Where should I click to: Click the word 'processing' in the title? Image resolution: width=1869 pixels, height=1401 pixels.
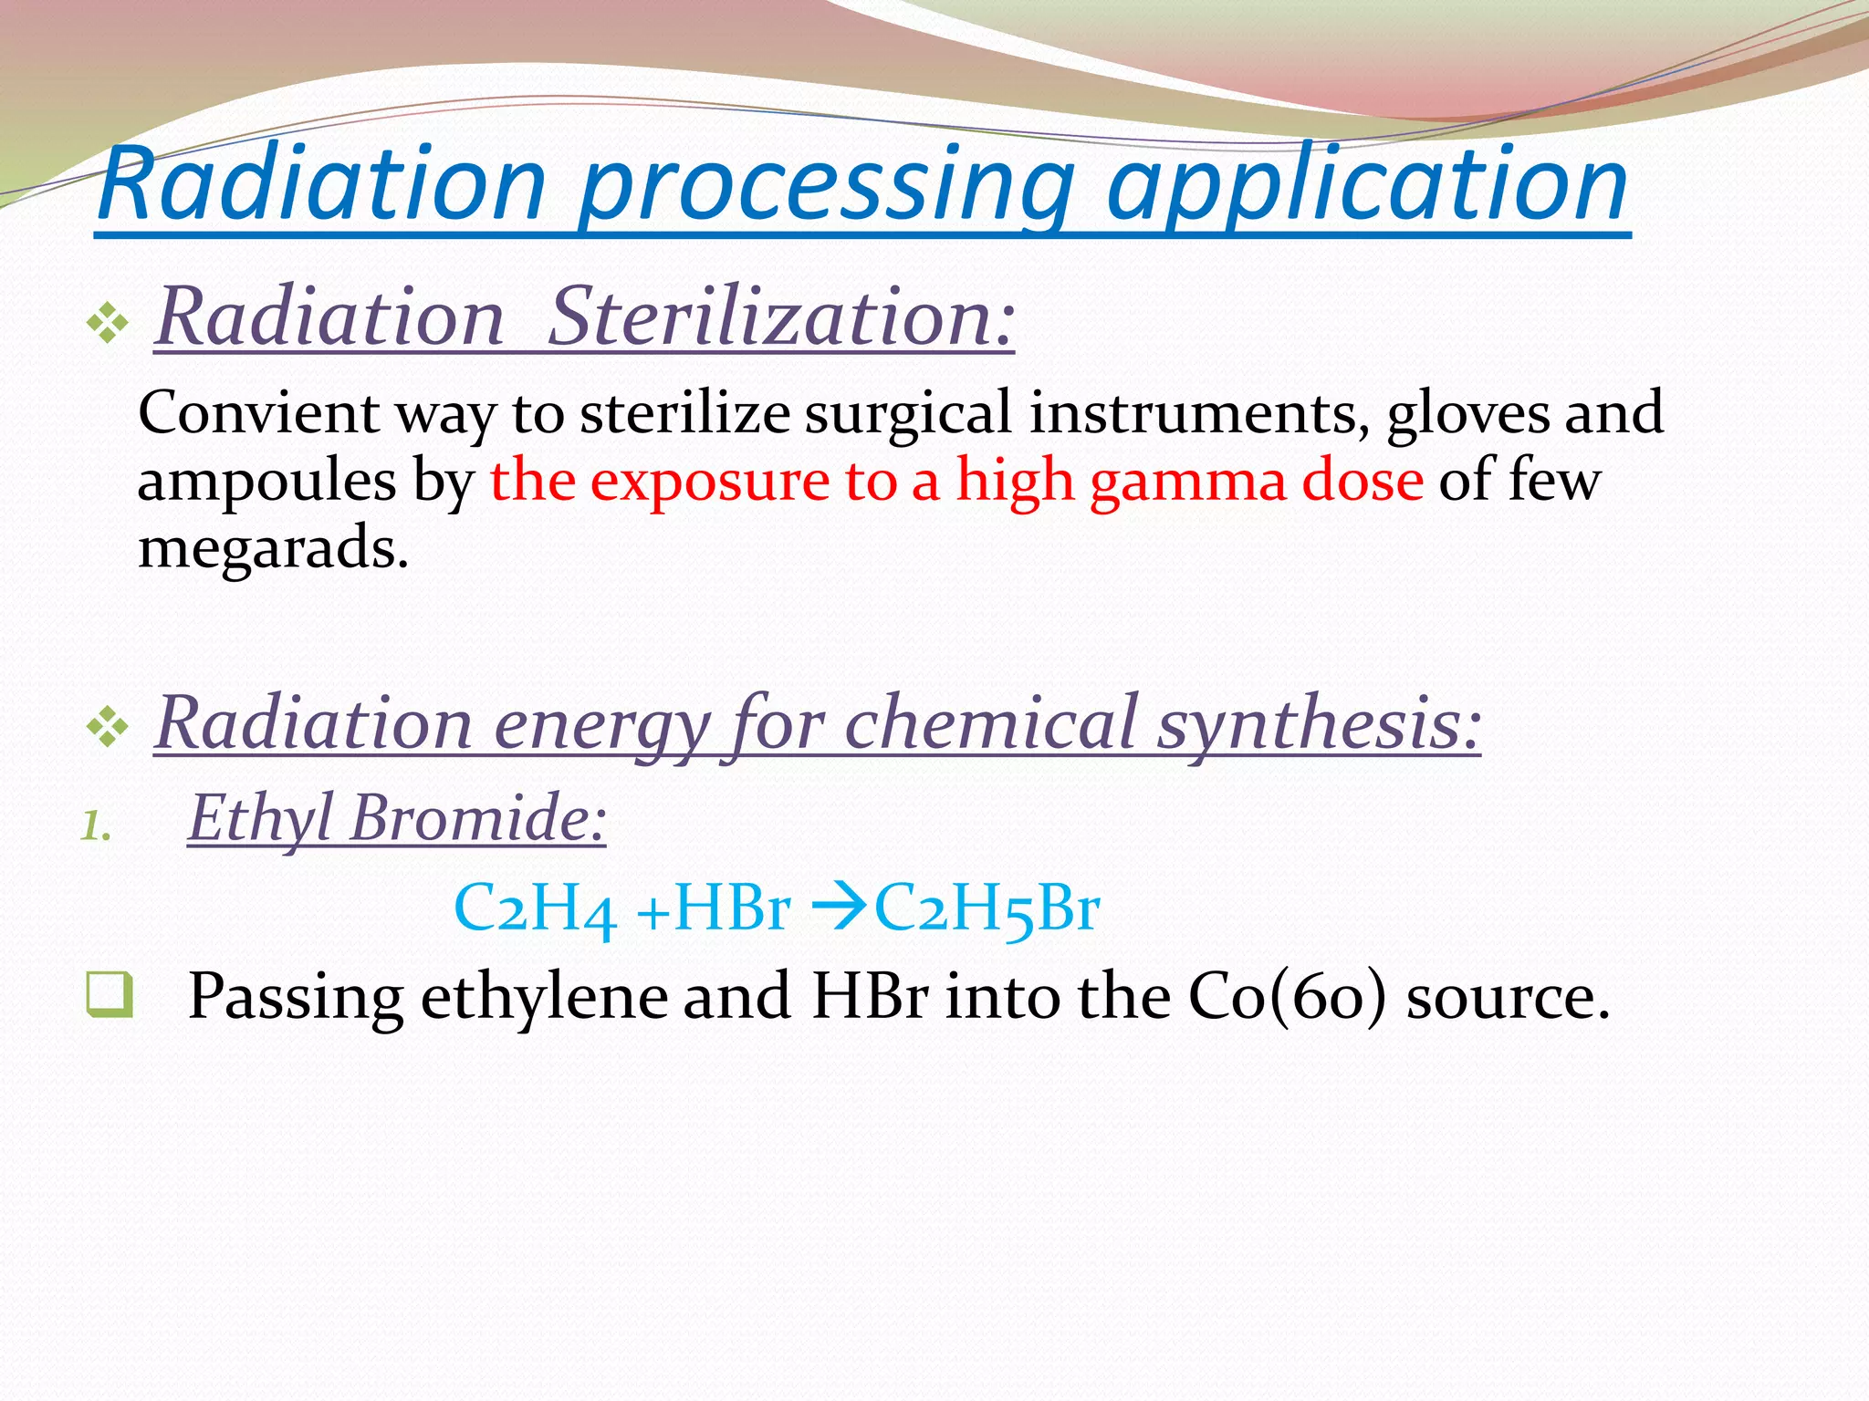point(826,187)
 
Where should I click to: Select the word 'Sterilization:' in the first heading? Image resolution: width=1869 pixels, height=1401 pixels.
point(780,317)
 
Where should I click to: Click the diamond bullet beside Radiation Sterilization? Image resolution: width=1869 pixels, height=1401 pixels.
point(108,323)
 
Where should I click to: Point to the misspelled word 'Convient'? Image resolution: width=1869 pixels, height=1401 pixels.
point(258,413)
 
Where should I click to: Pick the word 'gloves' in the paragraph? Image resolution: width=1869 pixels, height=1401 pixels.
point(1467,413)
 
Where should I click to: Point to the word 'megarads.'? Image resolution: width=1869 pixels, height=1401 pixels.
point(273,548)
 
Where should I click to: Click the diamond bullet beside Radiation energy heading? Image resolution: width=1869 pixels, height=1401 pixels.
point(108,728)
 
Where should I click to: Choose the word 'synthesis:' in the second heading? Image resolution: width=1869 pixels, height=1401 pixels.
point(1319,723)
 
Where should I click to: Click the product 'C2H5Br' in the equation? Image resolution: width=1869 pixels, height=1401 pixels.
point(987,908)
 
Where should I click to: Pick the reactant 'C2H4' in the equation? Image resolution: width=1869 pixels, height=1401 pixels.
point(535,908)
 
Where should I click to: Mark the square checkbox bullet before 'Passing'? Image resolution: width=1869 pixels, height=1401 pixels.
point(110,995)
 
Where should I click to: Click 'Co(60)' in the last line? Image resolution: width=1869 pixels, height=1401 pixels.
point(1287,996)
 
